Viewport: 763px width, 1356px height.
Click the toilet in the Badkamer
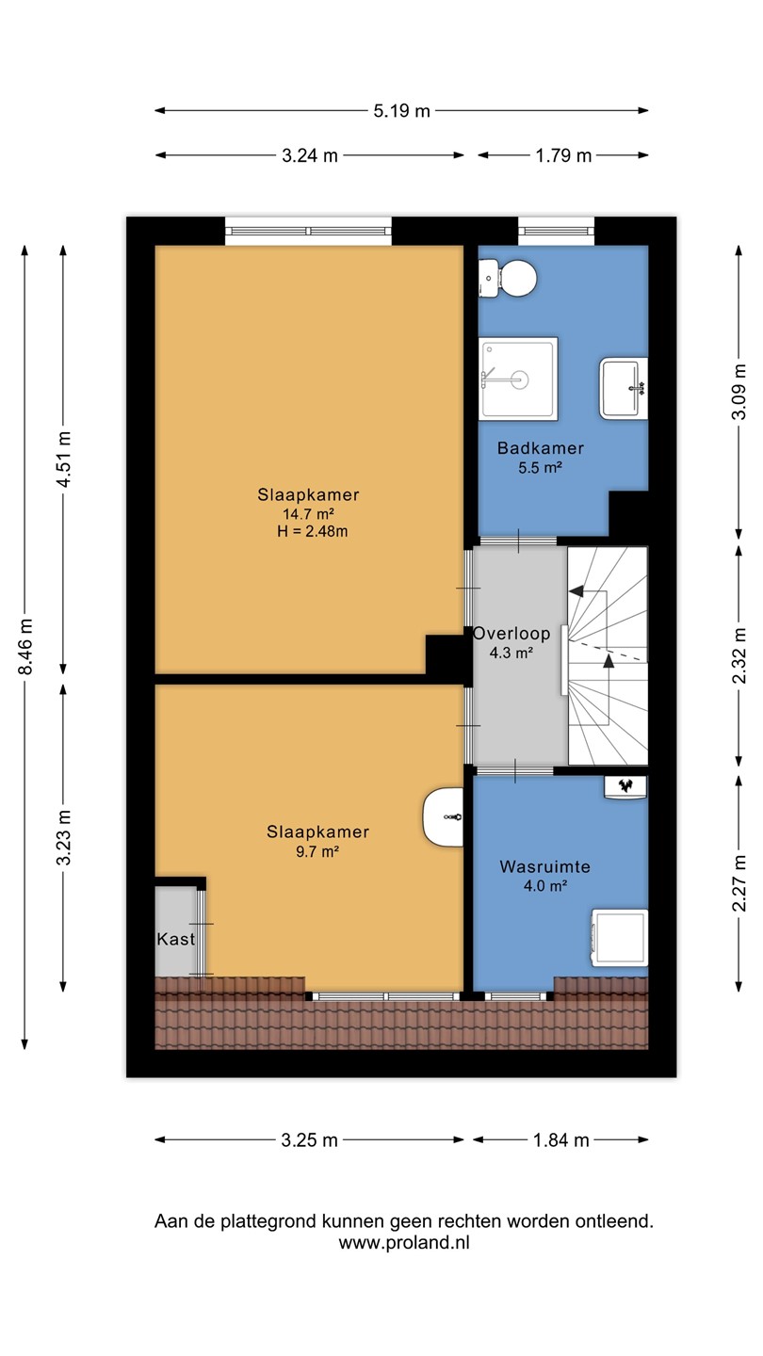click(508, 278)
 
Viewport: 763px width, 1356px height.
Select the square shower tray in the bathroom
click(518, 379)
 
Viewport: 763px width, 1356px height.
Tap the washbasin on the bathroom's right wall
click(624, 388)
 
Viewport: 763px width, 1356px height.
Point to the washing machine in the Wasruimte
click(620, 937)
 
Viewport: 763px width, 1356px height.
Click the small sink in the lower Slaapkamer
click(443, 816)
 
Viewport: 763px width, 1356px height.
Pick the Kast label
click(175, 939)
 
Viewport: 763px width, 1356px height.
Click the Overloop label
click(511, 633)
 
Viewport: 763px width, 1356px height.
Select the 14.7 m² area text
click(309, 514)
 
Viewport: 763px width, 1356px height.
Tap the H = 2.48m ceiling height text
click(313, 531)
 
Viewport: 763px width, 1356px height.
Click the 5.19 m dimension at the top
click(401, 111)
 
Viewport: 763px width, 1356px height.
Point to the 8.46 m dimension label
click(25, 646)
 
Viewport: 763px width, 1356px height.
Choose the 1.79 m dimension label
click(563, 155)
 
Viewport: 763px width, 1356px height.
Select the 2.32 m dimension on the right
click(739, 655)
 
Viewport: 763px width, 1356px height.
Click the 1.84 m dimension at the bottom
click(560, 1140)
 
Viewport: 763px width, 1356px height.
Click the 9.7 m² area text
click(317, 851)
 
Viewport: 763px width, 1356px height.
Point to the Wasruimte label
click(545, 866)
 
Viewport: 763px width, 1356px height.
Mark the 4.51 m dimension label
click(64, 459)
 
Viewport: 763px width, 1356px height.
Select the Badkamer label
click(541, 448)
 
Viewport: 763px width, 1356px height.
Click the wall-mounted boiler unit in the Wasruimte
click(625, 787)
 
